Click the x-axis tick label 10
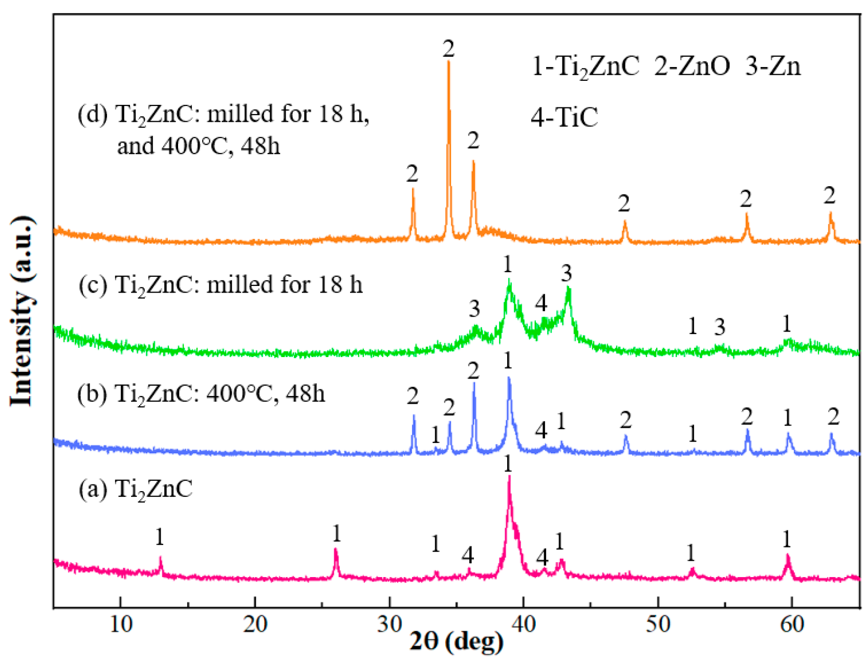(121, 625)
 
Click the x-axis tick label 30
(389, 625)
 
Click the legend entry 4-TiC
(564, 117)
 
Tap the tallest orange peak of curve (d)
(448, 62)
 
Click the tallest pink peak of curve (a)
(509, 477)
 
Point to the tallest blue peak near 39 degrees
(509, 379)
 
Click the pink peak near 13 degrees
(161, 559)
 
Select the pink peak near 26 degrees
(336, 550)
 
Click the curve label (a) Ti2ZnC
(136, 490)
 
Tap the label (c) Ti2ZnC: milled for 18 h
(221, 285)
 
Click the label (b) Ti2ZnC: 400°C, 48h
(201, 394)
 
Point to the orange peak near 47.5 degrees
(624, 222)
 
